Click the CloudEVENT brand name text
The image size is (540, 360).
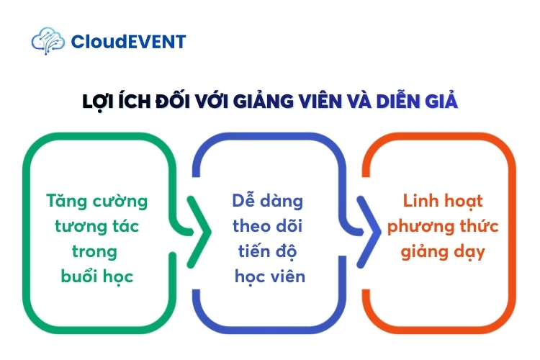point(128,42)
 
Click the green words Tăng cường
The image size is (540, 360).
point(96,200)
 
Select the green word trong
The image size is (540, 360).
point(94,251)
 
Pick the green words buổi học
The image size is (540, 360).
point(96,276)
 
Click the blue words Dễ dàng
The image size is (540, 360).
point(268,200)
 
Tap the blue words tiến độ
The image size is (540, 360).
point(268,251)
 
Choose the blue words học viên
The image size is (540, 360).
point(270,276)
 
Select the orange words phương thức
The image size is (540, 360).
point(443,226)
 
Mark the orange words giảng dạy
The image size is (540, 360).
point(443,252)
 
